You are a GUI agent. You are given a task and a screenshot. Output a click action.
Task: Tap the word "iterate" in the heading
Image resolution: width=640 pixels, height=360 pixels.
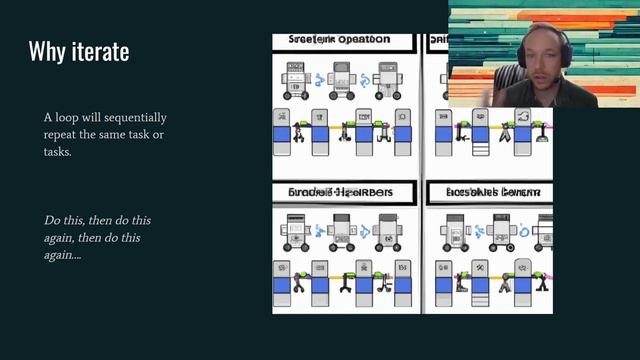(100, 51)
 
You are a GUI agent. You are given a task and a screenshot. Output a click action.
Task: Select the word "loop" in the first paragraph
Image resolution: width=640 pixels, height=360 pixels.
(75, 118)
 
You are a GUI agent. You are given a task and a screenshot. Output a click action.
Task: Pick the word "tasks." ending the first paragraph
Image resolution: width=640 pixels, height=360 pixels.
(57, 152)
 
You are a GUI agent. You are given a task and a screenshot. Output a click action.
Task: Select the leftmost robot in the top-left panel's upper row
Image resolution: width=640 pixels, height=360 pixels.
(294, 79)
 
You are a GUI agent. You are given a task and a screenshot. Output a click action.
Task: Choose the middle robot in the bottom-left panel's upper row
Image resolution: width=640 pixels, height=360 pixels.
(340, 231)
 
